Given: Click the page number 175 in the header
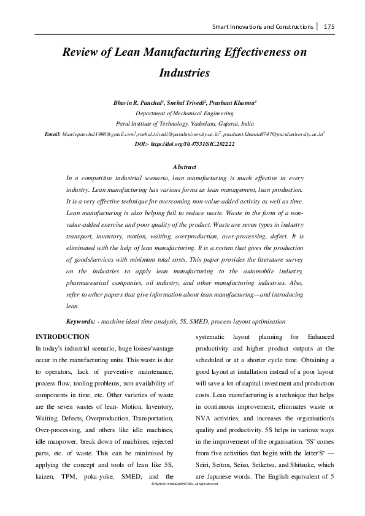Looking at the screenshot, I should coord(329,26).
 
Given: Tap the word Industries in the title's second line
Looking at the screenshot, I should coord(185,72).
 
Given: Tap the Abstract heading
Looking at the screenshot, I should coord(185,167).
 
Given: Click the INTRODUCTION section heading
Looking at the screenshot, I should coord(63,336).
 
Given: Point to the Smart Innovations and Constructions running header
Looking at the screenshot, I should coord(263,26).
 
